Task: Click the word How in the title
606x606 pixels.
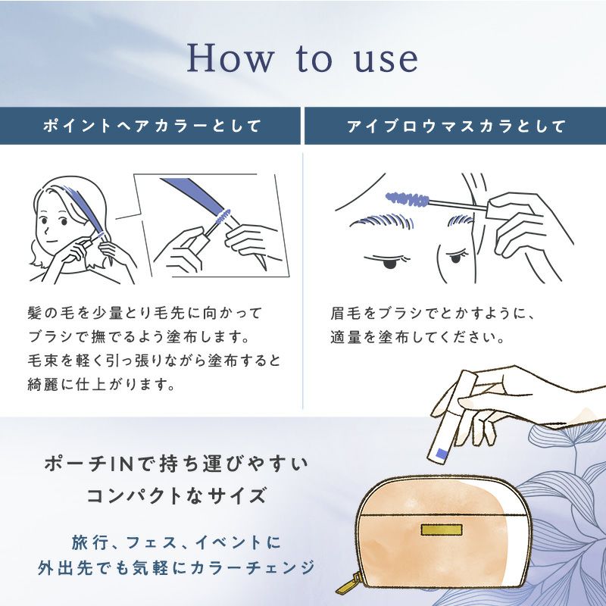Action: click(230, 58)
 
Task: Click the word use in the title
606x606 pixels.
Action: click(386, 60)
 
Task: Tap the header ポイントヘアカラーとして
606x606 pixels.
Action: click(152, 126)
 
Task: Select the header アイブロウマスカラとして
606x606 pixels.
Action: click(456, 126)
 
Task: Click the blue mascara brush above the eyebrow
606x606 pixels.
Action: click(408, 199)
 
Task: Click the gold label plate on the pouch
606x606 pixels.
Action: click(442, 529)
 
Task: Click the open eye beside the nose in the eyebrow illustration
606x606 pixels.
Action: click(457, 257)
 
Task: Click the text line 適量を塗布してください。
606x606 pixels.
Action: click(418, 337)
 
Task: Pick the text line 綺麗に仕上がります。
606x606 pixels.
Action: click(102, 385)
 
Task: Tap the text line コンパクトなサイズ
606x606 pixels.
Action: click(177, 495)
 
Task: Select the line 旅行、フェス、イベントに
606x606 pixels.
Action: click(176, 542)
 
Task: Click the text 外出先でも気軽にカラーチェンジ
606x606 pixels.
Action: click(176, 567)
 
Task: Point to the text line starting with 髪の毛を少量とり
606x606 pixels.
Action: click(145, 313)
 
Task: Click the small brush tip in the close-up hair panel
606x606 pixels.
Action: click(222, 217)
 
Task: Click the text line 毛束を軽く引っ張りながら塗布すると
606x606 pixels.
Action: click(155, 361)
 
